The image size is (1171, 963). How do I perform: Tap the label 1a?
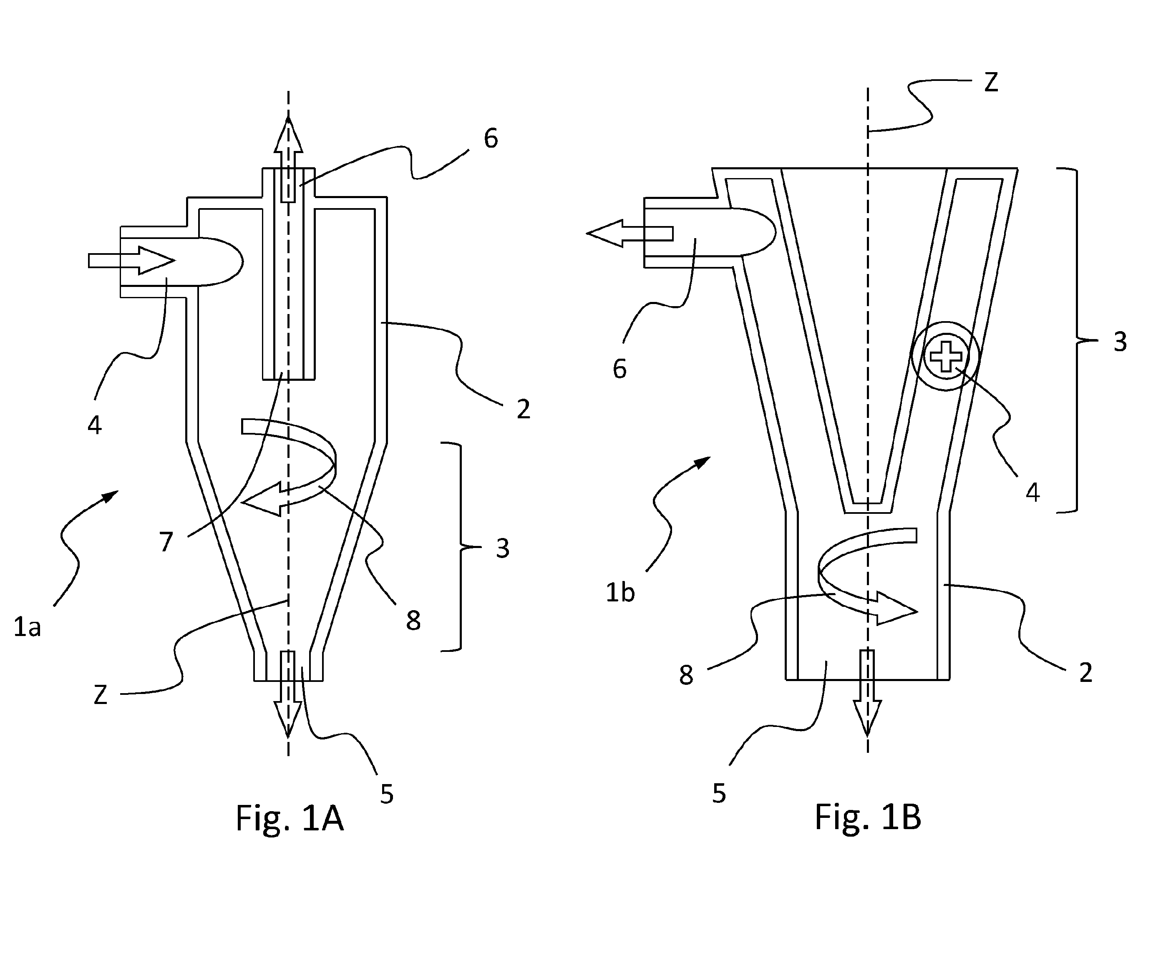point(27,627)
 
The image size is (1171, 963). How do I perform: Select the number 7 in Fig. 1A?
point(166,542)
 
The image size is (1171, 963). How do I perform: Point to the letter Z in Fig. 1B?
point(991,82)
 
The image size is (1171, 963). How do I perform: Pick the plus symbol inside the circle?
point(946,356)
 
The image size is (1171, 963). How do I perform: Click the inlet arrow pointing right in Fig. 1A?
point(131,260)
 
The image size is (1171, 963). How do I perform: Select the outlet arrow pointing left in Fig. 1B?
point(630,234)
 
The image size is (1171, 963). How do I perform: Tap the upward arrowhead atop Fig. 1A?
point(288,133)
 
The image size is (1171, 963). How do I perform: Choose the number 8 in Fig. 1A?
point(413,621)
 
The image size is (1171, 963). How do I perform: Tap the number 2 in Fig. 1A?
point(523,410)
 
